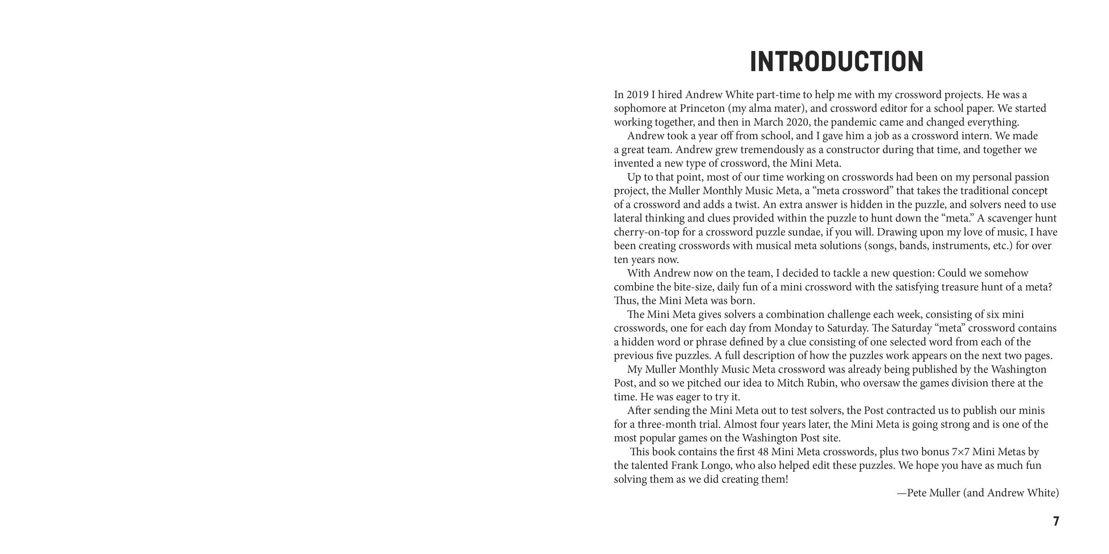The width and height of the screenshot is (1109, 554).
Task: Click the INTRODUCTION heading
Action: click(836, 62)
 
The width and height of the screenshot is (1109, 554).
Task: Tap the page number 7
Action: click(1056, 521)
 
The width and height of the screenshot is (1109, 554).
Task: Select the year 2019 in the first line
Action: click(637, 95)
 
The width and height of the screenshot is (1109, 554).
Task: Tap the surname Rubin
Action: click(820, 383)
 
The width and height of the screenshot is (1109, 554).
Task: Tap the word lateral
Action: click(627, 218)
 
